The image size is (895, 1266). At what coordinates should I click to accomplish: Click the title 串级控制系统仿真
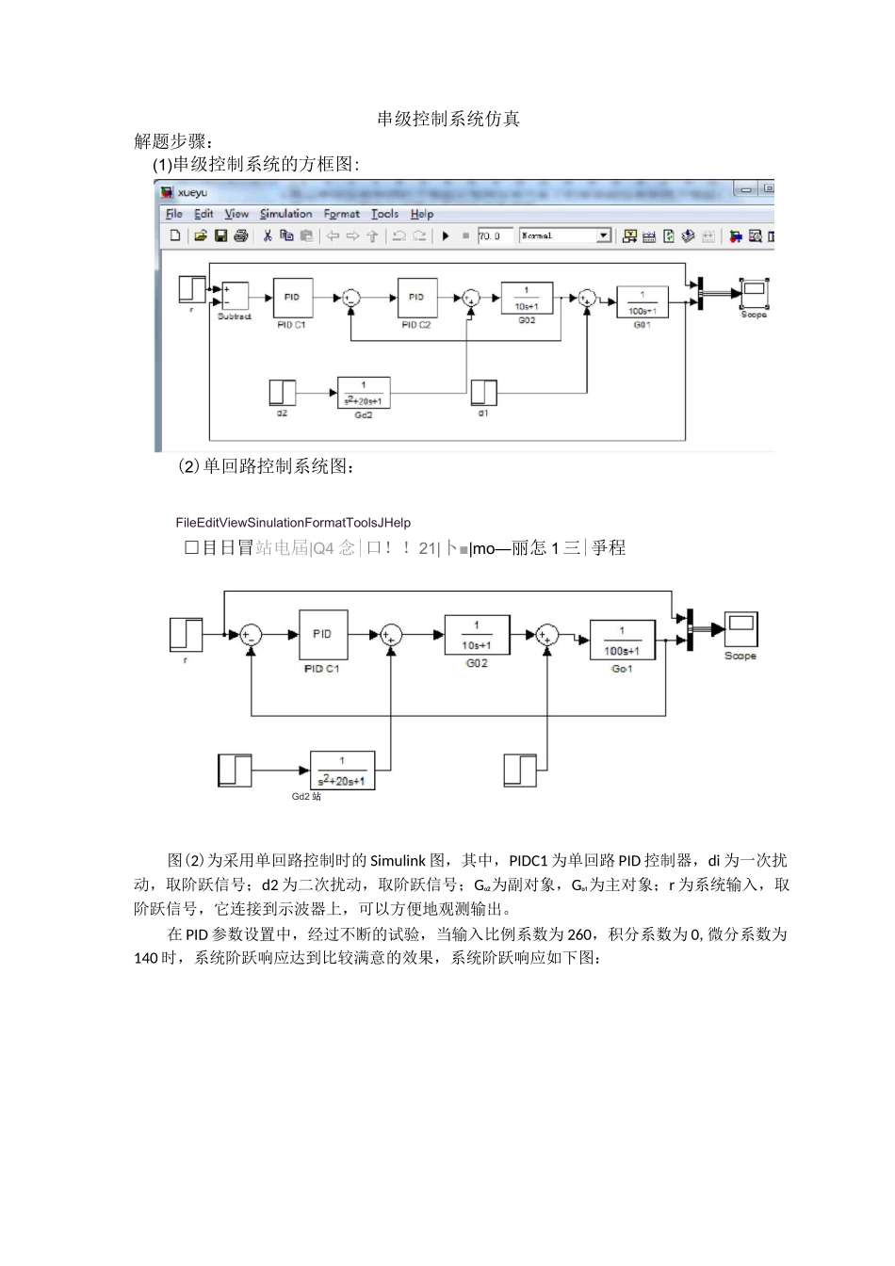(448, 119)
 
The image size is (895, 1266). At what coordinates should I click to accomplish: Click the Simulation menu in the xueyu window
(285, 214)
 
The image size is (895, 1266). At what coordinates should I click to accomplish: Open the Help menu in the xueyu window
(421, 214)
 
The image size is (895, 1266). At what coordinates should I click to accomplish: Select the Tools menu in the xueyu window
(384, 214)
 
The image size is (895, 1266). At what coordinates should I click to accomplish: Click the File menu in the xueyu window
(174, 214)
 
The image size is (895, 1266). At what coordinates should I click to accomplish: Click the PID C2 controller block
(416, 298)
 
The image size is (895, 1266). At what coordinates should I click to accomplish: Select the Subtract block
(235, 296)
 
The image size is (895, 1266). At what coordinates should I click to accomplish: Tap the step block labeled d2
(282, 392)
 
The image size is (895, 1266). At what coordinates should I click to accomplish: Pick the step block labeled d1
(483, 392)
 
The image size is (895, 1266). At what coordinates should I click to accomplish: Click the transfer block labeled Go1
(622, 638)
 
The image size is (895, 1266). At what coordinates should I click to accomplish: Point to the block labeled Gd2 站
(343, 771)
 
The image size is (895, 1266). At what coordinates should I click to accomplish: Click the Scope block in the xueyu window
(754, 294)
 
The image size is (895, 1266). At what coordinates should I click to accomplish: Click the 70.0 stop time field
(494, 236)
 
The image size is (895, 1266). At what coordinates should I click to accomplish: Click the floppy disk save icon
(220, 236)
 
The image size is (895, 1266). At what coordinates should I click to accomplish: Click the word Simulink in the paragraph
(398, 860)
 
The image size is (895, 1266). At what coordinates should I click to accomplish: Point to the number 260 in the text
(580, 933)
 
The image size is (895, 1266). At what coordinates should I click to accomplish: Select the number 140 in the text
(147, 958)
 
